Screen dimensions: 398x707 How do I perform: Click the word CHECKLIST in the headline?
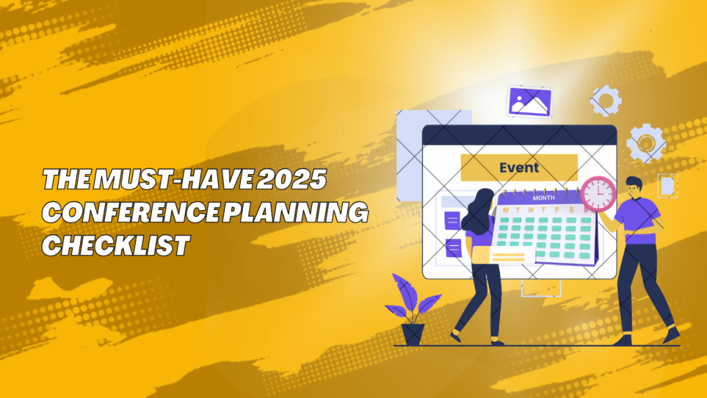click(x=115, y=245)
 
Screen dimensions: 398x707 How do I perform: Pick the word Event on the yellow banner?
click(x=519, y=167)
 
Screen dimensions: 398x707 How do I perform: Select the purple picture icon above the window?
click(x=529, y=102)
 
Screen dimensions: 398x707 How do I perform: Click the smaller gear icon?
click(x=606, y=101)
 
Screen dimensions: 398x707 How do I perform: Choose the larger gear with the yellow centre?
click(x=646, y=142)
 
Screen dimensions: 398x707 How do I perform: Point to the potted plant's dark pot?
click(x=414, y=334)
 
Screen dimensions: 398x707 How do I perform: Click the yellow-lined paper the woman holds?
click(x=512, y=255)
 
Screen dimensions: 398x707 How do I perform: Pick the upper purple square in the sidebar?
click(x=453, y=220)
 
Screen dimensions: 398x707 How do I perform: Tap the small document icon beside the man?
click(x=667, y=186)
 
